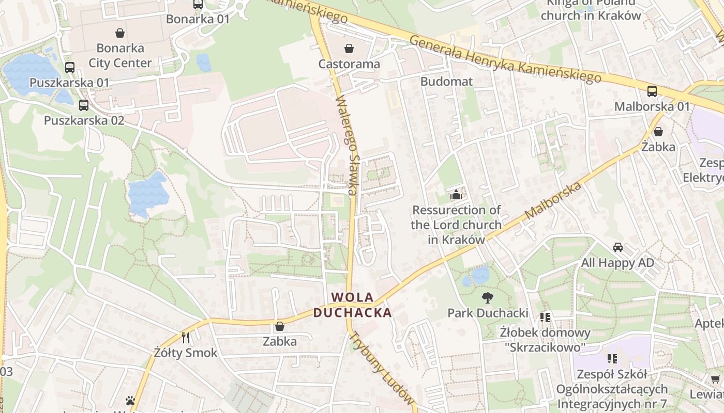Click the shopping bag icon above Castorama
click(350, 49)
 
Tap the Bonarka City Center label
click(120, 56)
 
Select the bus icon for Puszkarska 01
click(70, 68)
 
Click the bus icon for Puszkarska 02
click(84, 105)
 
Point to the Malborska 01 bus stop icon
click(652, 91)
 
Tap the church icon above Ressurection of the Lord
click(456, 195)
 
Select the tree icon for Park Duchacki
click(487, 297)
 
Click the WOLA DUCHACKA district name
click(352, 305)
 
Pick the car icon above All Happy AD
click(617, 247)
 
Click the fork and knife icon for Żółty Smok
click(186, 338)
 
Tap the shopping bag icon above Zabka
click(280, 326)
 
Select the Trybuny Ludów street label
click(382, 368)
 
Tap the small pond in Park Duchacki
click(478, 274)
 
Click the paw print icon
click(130, 401)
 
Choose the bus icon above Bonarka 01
click(198, 5)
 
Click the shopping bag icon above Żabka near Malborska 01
click(658, 132)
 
